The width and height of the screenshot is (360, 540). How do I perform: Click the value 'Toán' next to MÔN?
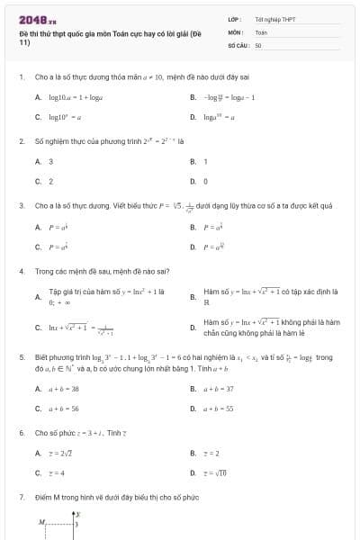click(x=261, y=31)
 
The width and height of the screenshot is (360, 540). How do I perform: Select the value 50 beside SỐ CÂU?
click(x=258, y=43)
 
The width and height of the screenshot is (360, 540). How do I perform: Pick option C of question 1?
click(x=63, y=117)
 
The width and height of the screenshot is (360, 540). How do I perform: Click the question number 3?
click(x=21, y=205)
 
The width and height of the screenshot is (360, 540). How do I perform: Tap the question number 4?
click(x=21, y=271)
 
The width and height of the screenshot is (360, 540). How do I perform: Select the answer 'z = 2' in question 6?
click(x=211, y=454)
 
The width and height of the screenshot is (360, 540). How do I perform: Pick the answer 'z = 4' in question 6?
click(x=56, y=472)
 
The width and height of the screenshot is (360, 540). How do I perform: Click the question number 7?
click(x=21, y=497)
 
